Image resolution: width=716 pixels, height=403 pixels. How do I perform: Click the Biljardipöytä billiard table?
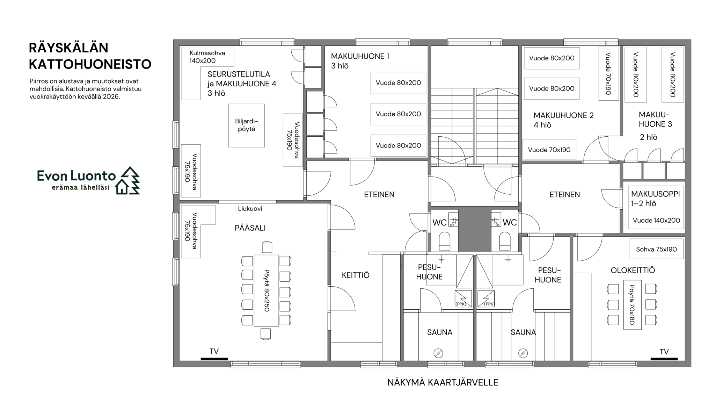(247, 125)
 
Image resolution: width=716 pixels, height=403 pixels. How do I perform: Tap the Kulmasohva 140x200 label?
(207, 57)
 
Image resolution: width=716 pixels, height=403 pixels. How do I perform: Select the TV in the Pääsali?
(214, 359)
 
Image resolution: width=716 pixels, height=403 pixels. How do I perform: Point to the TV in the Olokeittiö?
(664, 359)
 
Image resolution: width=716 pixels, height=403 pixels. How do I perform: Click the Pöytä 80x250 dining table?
(266, 290)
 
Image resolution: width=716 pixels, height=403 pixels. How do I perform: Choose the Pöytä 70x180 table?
(633, 305)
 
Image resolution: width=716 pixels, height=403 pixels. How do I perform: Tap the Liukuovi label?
(250, 209)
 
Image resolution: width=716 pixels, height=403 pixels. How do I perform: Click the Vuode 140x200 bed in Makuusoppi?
(656, 221)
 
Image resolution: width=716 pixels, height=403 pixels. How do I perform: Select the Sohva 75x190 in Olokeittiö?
(656, 249)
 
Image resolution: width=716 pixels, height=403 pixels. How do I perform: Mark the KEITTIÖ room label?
(356, 275)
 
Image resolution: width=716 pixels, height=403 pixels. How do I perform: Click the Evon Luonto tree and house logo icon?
(128, 180)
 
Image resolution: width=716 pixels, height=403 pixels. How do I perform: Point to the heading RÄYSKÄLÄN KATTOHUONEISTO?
(90, 56)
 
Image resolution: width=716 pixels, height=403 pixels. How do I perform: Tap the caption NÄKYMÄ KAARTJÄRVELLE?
(443, 382)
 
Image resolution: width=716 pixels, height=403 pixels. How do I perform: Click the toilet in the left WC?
(445, 242)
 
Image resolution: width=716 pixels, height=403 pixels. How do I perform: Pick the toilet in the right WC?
(505, 242)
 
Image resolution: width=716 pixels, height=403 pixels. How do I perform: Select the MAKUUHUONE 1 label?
(360, 56)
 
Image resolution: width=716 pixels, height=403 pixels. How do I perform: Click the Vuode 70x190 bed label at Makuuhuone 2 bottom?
(549, 150)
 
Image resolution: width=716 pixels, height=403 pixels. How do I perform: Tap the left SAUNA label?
(440, 332)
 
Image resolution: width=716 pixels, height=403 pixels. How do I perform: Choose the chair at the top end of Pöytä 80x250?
(267, 247)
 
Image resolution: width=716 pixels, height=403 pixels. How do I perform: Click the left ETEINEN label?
(379, 195)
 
